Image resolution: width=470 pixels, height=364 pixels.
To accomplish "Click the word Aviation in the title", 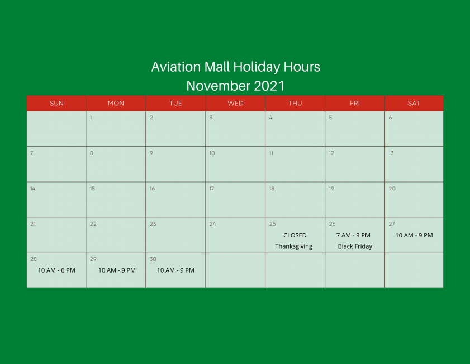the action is (x=176, y=67).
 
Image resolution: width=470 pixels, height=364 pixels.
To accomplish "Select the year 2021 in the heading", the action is (x=269, y=86).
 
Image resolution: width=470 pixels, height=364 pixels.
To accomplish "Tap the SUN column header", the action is (x=56, y=103).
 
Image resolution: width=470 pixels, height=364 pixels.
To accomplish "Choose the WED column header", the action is (x=235, y=103).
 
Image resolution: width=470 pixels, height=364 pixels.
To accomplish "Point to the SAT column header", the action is (x=414, y=103).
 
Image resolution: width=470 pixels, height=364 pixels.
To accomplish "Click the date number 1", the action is (x=91, y=118).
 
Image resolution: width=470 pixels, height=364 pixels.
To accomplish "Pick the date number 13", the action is (x=391, y=153).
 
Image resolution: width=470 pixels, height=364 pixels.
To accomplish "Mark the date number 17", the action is (x=212, y=189).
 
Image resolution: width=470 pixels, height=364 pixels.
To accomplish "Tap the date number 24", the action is (x=212, y=224).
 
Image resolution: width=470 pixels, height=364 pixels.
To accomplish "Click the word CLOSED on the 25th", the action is (x=295, y=235).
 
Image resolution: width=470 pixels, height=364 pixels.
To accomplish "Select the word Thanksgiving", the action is (x=294, y=246).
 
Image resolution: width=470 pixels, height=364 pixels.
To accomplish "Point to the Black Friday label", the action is (x=355, y=246).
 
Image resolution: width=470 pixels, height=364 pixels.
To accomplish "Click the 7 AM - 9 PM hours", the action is (x=353, y=235).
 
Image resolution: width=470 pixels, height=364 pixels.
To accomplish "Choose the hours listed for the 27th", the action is (x=414, y=235).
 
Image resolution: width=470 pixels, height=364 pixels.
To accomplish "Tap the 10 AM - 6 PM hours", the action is (x=56, y=270).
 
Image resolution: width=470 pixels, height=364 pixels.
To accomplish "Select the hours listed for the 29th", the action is (x=117, y=270).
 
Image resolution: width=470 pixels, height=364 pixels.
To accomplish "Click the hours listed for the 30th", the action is (x=175, y=270).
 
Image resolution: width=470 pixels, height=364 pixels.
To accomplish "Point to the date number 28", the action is (x=34, y=259).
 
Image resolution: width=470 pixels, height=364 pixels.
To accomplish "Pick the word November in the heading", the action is (x=218, y=86).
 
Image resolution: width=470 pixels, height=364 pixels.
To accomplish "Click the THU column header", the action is (x=295, y=103).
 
